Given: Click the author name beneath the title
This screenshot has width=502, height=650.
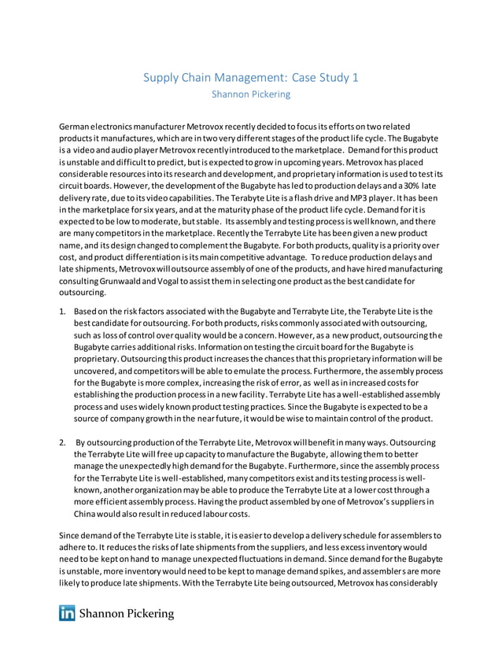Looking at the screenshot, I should pyautogui.click(x=251, y=94).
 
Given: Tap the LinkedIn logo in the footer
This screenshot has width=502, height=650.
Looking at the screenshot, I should pyautogui.click(x=67, y=614).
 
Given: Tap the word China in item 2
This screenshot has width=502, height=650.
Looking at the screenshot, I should pyautogui.click(x=87, y=513).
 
